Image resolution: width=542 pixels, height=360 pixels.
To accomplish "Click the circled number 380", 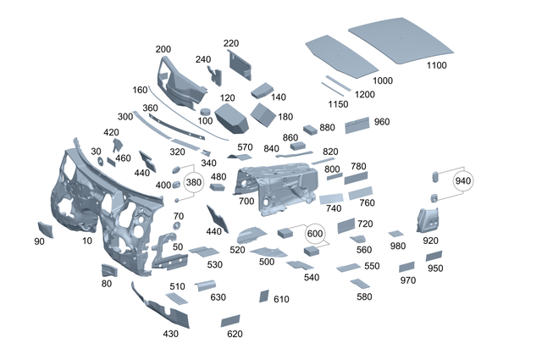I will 194,182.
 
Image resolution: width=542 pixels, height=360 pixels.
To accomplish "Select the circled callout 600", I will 315,234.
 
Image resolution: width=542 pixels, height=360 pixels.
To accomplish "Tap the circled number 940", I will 462,180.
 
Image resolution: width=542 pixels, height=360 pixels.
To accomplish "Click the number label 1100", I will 437,65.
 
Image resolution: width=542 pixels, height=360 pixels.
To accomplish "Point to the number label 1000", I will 383,80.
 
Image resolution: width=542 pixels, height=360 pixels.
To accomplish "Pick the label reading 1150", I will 338,103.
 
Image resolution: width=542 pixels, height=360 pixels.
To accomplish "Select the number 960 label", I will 381,122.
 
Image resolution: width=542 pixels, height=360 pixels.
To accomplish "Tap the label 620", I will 235,334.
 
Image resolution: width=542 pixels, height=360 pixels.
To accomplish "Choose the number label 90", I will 39,241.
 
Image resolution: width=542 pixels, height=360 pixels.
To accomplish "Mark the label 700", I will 246,202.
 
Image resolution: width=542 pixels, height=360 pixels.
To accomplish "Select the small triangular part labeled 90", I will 44,227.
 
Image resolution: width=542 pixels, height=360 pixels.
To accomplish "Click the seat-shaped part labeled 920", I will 426,220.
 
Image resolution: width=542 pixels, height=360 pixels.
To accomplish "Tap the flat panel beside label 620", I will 230,321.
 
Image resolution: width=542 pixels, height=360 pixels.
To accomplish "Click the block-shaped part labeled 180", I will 264,113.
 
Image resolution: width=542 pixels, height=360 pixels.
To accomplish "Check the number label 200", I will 163,49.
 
